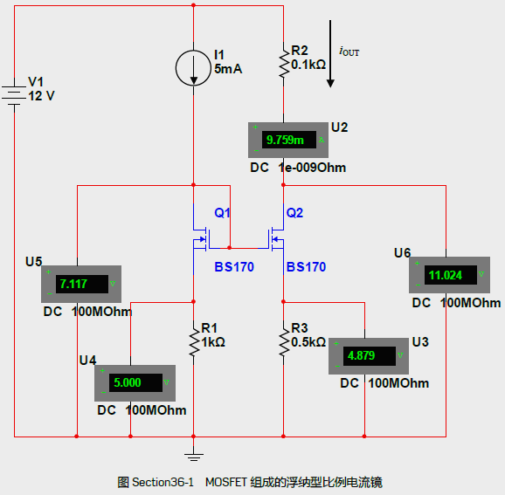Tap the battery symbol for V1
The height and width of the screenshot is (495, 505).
(14, 95)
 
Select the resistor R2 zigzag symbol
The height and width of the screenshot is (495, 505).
(284, 64)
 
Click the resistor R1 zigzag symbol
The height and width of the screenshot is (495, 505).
(194, 342)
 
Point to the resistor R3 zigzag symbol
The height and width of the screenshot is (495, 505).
(284, 342)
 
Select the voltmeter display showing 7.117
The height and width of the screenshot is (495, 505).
(81, 284)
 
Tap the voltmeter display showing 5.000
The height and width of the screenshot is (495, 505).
(135, 383)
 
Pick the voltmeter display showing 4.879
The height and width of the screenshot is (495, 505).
(369, 356)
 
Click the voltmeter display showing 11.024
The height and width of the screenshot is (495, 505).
(450, 275)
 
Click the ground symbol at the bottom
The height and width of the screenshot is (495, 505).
(194, 457)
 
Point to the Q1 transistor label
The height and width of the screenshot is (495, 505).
(222, 213)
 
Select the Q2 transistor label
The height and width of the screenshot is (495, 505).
(294, 213)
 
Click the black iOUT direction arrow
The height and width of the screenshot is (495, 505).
(330, 53)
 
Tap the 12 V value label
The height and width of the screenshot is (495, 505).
(42, 96)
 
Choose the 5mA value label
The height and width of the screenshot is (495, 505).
(228, 69)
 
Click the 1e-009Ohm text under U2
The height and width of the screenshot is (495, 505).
(313, 168)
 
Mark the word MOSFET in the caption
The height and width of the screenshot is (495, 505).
(226, 483)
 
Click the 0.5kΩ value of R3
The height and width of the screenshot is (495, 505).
(308, 342)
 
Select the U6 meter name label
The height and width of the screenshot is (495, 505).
(402, 253)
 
